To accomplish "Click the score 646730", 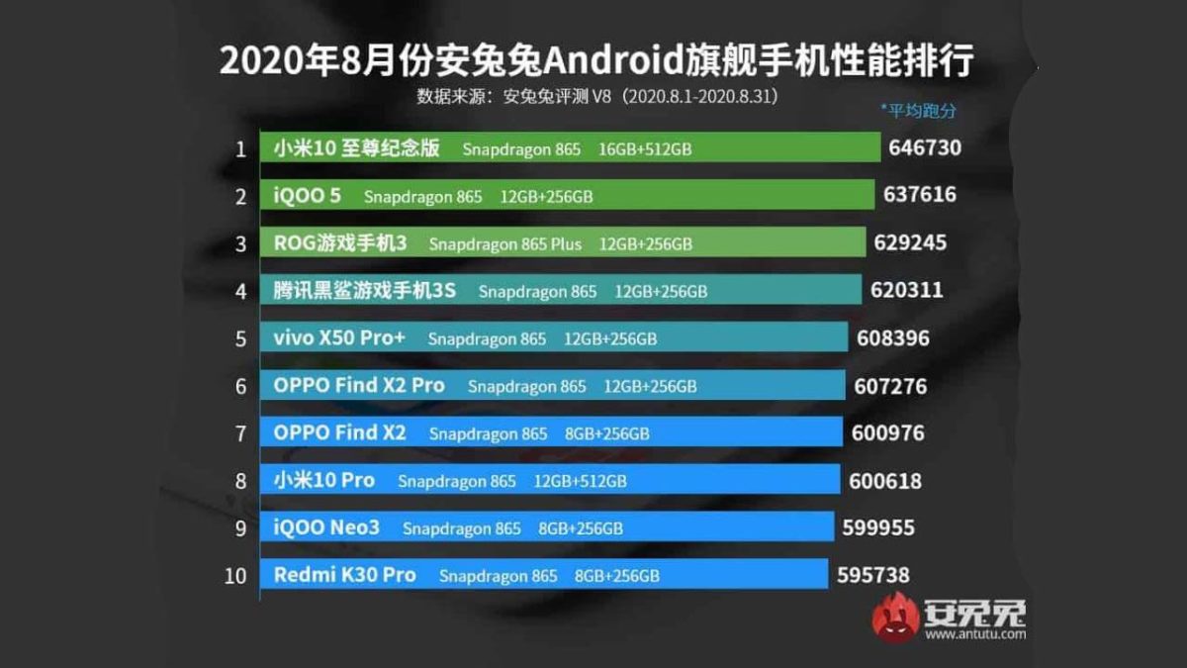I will [925, 148].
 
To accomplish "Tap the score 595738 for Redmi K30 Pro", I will [872, 575].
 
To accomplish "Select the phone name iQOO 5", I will [308, 195].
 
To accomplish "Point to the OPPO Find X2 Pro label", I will [359, 385].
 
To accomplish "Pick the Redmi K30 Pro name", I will [344, 575].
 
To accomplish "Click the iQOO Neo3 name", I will [326, 527].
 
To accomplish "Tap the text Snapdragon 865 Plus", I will [505, 243].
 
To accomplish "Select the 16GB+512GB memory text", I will [645, 149].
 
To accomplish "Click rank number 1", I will [240, 149].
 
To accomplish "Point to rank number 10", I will [235, 576].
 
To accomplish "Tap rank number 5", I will [240, 338].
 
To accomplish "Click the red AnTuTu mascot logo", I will [894, 618].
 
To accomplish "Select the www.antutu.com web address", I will [974, 634].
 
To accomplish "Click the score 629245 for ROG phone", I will [910, 242].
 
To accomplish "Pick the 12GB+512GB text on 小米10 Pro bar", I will [581, 481].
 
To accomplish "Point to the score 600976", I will [887, 433].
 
